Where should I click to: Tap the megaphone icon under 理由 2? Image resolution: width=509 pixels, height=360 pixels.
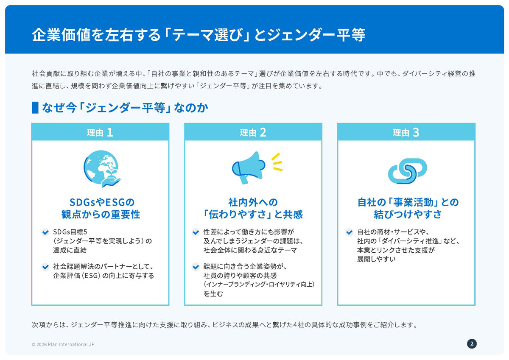pyautogui.click(x=249, y=167)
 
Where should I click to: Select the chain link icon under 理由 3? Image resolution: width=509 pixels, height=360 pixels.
pyautogui.click(x=407, y=171)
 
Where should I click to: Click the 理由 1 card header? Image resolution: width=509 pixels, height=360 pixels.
pyautogui.click(x=100, y=132)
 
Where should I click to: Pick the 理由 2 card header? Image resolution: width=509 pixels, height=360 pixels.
pyautogui.click(x=253, y=132)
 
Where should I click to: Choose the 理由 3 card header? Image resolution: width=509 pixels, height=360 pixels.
pyautogui.click(x=406, y=132)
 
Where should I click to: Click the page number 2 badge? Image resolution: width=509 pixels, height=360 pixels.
pyautogui.click(x=472, y=344)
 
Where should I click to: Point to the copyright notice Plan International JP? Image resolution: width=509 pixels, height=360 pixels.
pyautogui.click(x=63, y=344)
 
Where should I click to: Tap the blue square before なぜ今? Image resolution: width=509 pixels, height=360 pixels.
pyautogui.click(x=35, y=107)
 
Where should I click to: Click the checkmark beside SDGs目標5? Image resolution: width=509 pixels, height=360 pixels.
pyautogui.click(x=45, y=232)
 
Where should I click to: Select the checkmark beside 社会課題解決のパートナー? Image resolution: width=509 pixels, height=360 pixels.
pyautogui.click(x=45, y=266)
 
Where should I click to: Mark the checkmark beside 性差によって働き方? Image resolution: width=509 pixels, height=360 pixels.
pyautogui.click(x=196, y=232)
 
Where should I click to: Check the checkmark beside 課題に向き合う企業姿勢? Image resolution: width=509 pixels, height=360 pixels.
pyautogui.click(x=196, y=267)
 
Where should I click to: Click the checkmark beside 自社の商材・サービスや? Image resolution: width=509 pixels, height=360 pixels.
pyautogui.click(x=349, y=232)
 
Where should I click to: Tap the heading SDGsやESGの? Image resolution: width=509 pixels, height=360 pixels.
pyautogui.click(x=102, y=202)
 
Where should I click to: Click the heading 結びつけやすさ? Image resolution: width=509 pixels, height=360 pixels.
pyautogui.click(x=408, y=214)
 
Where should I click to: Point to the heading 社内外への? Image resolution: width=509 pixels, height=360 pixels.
pyautogui.click(x=253, y=202)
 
